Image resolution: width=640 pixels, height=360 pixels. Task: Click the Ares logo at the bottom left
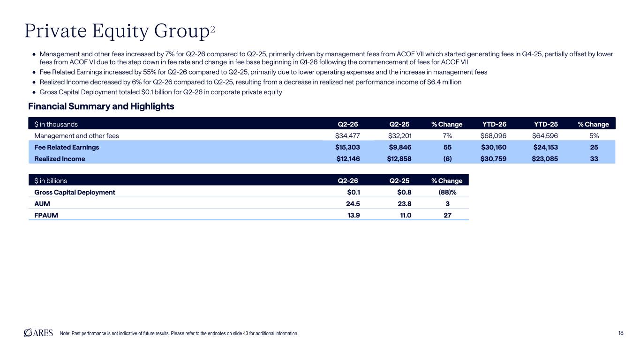coord(38,333)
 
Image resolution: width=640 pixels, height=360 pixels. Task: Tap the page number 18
coord(621,333)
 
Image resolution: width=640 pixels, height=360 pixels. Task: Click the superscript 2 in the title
coord(212,30)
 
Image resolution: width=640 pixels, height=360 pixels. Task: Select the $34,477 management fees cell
coord(347,136)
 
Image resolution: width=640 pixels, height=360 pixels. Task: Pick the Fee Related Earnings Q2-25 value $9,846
coord(400,147)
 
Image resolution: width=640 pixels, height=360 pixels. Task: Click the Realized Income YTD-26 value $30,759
coord(493,158)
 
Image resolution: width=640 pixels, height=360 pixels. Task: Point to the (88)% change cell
coord(447,192)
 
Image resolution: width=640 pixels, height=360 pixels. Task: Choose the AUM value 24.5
coord(353,204)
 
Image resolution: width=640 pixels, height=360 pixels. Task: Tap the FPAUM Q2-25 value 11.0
coord(406,215)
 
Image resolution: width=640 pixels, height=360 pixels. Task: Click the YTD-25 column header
coord(546,124)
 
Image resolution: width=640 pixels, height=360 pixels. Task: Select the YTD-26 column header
coord(494,124)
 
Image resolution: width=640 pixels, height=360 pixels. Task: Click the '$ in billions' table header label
coord(51,181)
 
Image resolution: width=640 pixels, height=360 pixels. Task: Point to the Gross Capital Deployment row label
coord(75,192)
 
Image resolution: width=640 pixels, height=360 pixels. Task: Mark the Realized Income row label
coord(60,158)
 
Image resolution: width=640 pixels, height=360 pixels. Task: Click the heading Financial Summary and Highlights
coord(101,106)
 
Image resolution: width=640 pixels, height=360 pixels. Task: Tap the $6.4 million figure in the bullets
coord(444,82)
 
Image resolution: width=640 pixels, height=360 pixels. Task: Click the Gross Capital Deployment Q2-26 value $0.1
coord(354,192)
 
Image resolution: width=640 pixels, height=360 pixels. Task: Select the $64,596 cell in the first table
coord(545,136)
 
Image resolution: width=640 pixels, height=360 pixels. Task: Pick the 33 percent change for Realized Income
coord(594,158)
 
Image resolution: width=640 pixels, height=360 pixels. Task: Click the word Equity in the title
coord(120,31)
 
